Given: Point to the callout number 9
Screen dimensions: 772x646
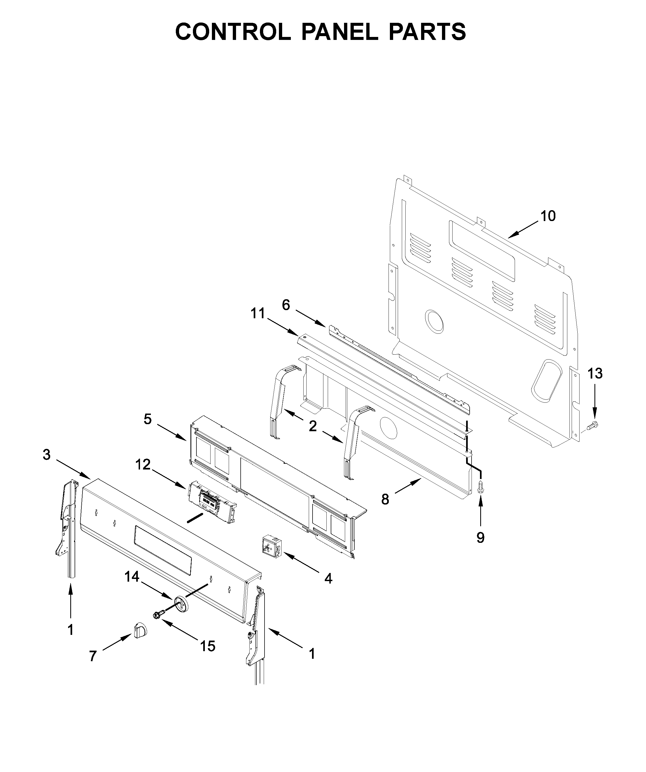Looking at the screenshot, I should [x=480, y=538].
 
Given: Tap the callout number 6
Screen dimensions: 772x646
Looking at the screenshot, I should [x=286, y=305].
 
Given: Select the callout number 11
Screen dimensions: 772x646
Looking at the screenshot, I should [x=257, y=314].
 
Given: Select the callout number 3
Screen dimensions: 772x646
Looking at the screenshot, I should [x=46, y=455].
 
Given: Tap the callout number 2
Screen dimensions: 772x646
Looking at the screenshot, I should [x=313, y=426].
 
